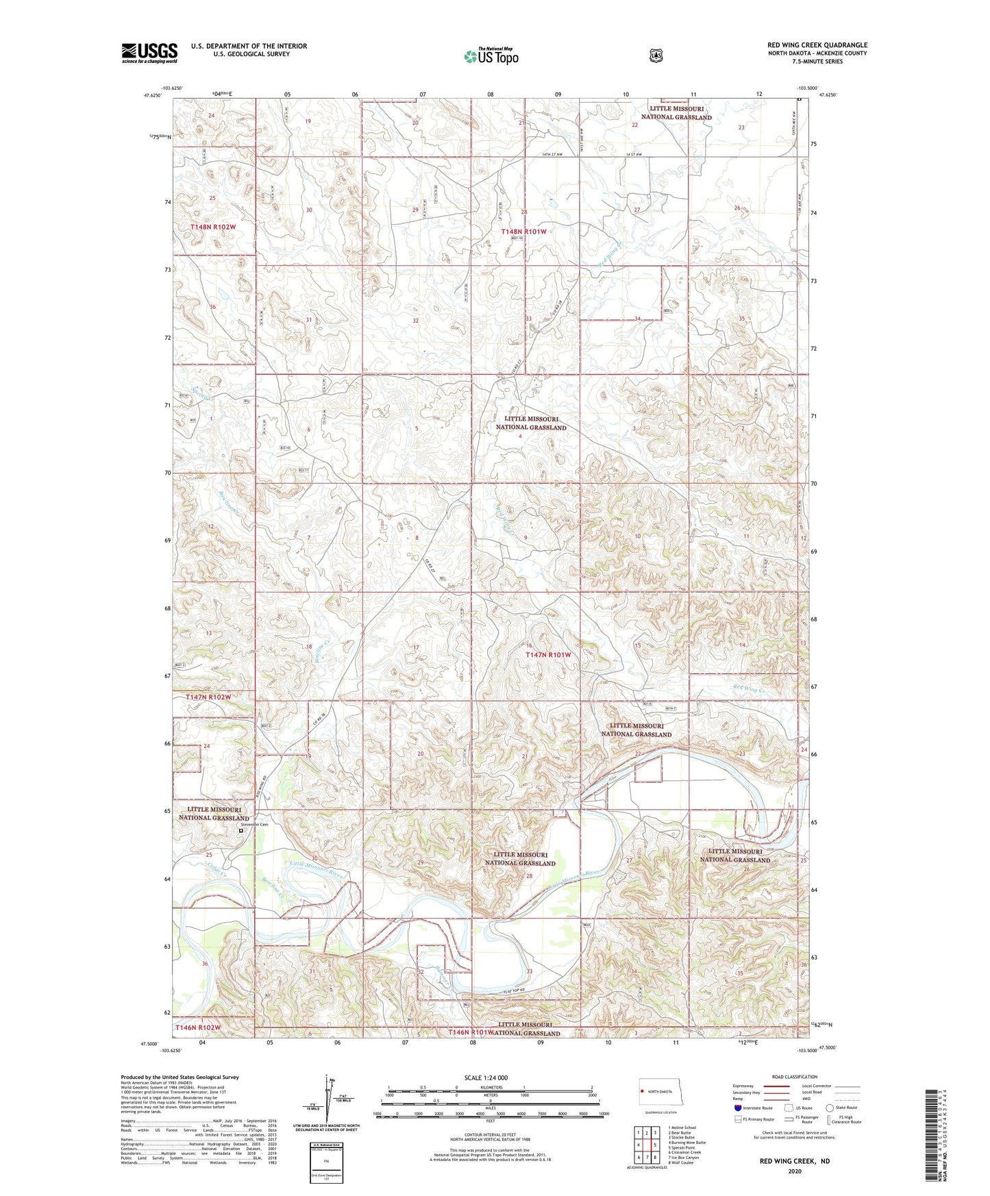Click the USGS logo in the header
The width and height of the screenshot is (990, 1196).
point(149,53)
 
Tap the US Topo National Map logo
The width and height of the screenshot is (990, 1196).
point(490,56)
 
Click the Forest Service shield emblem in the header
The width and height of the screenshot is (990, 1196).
point(656,55)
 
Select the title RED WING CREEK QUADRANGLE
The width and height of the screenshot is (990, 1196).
point(817,45)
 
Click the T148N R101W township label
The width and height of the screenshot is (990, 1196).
point(524,232)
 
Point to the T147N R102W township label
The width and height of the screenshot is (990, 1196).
point(209,697)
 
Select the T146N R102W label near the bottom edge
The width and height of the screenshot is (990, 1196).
point(198,1027)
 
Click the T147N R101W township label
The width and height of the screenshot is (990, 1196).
point(547,655)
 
